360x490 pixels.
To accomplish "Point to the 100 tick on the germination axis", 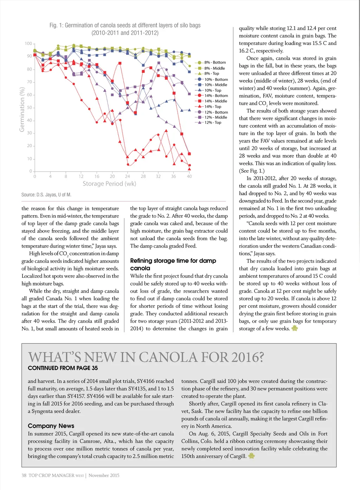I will pos(28,44).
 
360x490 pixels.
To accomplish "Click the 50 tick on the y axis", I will pos(29,108).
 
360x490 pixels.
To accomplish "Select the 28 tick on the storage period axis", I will pos(143,176).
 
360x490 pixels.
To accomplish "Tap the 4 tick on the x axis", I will pos(50,176).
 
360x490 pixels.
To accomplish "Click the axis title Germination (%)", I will pos(22,110).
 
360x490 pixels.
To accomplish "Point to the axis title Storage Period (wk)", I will pos(109,184).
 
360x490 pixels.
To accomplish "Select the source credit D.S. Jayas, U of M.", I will pos(46,195).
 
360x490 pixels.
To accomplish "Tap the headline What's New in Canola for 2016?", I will pos(146,357).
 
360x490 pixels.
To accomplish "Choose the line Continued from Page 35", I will pos(63,368).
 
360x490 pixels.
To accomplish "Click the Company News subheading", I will pos(51,426).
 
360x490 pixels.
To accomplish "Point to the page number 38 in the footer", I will pos(24,476).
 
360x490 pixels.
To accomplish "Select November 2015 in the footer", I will pos(104,476).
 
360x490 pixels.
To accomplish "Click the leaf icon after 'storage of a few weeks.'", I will pos(295,328).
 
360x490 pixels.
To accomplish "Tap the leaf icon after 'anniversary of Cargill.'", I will pos(251,456).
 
